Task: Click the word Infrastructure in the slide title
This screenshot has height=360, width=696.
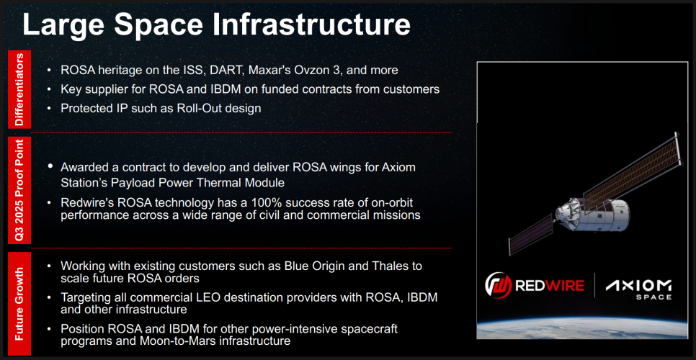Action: coord(311,24)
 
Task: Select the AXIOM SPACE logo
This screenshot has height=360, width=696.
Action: coord(638,289)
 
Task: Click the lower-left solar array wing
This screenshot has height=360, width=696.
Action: coord(530,235)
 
